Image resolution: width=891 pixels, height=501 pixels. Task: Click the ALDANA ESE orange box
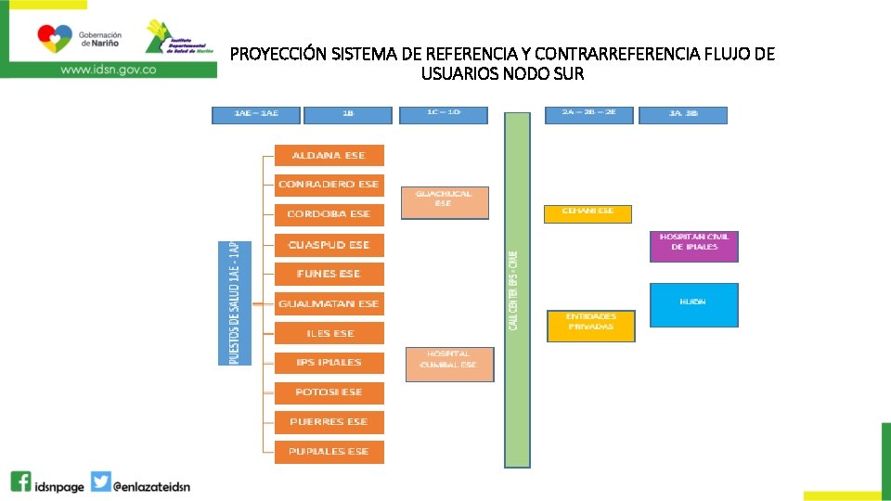click(329, 155)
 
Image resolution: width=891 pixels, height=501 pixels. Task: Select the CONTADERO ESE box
click(329, 185)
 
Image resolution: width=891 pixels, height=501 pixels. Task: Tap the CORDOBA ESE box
click(329, 214)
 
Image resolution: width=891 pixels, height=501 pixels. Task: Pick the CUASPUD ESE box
click(329, 245)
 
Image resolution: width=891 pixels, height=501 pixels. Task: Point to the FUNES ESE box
click(329, 274)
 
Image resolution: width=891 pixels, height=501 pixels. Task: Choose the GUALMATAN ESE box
click(329, 303)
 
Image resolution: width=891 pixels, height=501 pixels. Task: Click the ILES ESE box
click(329, 333)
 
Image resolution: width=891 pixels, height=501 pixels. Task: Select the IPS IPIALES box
click(329, 362)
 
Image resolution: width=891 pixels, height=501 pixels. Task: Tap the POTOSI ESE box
click(329, 392)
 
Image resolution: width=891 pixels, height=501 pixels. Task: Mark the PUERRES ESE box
click(329, 421)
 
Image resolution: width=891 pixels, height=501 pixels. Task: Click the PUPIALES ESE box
click(329, 451)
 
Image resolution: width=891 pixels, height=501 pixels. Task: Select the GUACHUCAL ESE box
click(444, 202)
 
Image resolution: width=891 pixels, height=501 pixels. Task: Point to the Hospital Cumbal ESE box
click(449, 364)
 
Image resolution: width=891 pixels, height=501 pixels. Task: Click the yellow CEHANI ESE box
click(588, 213)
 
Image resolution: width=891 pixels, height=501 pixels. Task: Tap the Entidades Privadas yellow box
click(591, 326)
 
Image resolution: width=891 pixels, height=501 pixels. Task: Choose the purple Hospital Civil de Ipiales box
click(694, 246)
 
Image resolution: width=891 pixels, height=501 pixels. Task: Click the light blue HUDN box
click(693, 304)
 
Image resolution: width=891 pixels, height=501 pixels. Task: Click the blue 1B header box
click(348, 115)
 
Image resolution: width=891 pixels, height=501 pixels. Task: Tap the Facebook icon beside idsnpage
click(20, 482)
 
